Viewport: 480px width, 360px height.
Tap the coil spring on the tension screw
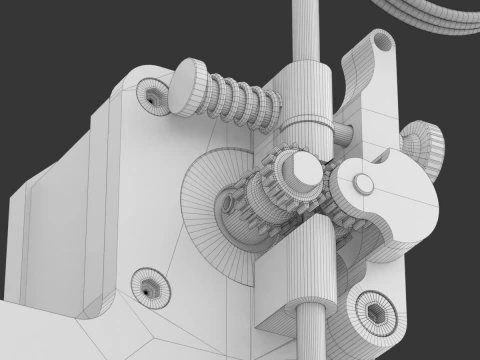[244, 101]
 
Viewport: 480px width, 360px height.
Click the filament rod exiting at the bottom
[311, 336]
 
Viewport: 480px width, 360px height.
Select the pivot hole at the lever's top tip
[383, 43]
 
